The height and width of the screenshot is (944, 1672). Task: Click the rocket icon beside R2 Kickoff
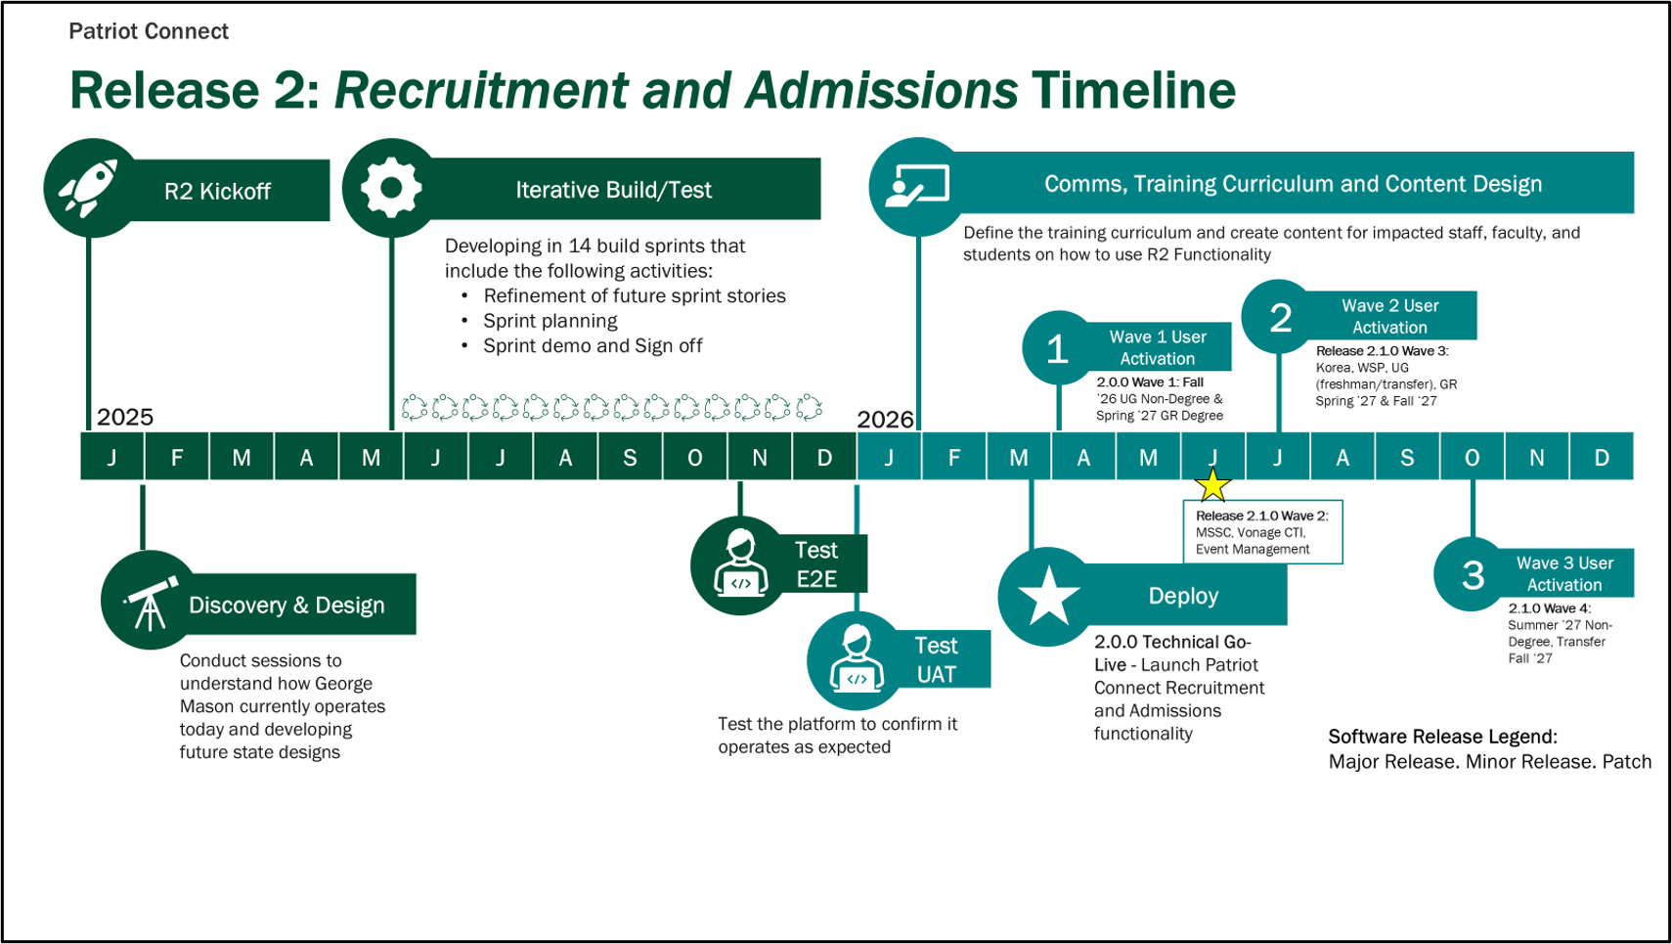click(x=89, y=187)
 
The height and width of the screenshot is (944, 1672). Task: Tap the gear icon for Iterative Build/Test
click(x=390, y=187)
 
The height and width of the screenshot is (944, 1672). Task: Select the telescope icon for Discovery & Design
click(x=149, y=604)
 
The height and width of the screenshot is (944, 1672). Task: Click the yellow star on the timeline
click(x=1212, y=484)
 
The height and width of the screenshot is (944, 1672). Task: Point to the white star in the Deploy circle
click(x=1048, y=596)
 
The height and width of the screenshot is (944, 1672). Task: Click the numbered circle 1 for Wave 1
click(x=1057, y=349)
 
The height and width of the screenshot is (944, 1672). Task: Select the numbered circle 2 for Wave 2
click(x=1280, y=318)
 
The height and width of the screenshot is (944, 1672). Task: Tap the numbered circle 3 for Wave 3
click(x=1473, y=575)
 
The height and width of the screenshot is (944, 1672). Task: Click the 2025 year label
click(x=125, y=417)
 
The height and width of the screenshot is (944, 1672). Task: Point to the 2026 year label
click(x=885, y=420)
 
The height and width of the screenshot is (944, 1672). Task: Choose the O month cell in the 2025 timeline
click(x=694, y=457)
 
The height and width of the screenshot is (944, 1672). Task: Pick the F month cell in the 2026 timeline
click(x=953, y=457)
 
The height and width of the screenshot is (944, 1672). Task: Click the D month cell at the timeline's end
click(x=1601, y=457)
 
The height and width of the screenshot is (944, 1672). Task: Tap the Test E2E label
click(x=815, y=564)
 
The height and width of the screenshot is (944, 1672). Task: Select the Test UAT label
click(x=936, y=660)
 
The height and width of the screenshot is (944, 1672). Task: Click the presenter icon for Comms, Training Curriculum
click(x=916, y=186)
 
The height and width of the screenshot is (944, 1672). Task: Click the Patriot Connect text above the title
click(x=149, y=31)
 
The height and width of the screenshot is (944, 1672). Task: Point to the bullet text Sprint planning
click(x=550, y=321)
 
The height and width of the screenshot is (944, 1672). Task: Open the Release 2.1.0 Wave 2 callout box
click(x=1262, y=532)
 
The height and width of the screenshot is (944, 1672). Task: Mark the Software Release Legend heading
click(x=1442, y=737)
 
